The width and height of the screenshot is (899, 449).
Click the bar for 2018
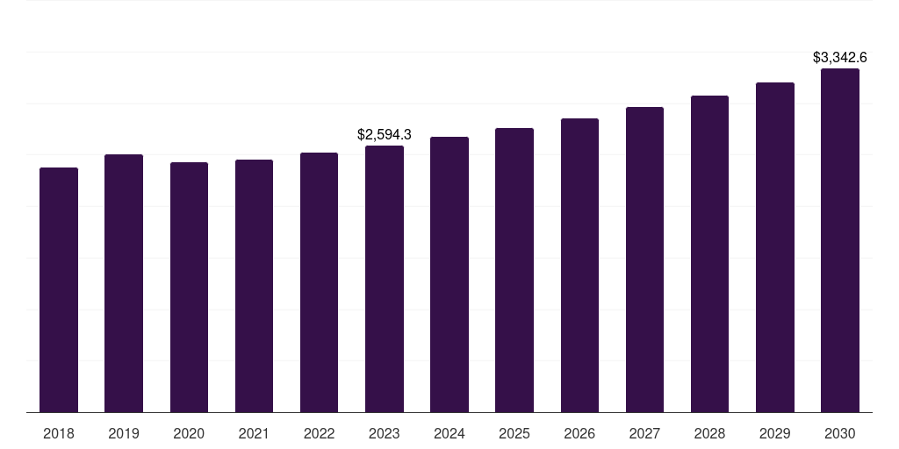(59, 289)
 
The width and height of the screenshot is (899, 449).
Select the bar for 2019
(124, 283)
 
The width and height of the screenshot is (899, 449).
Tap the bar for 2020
(189, 287)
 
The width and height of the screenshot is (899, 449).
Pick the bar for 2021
(254, 286)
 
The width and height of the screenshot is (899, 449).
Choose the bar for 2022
(319, 282)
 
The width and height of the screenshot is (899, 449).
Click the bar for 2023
(385, 279)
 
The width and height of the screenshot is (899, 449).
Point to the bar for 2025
(514, 270)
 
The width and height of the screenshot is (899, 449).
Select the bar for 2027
(644, 260)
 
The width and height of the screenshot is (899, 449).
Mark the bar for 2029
(775, 247)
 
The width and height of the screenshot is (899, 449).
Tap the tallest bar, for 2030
(840, 240)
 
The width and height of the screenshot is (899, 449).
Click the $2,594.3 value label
(385, 134)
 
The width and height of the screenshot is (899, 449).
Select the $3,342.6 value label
(840, 58)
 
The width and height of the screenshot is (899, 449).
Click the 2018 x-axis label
(59, 433)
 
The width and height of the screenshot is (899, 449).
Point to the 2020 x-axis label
(189, 433)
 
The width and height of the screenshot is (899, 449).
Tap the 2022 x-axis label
(319, 433)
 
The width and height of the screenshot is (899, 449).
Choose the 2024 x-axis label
(449, 433)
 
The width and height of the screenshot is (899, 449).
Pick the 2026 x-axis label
(579, 433)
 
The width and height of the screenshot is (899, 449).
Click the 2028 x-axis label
(709, 433)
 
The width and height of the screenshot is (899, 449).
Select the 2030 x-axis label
(840, 433)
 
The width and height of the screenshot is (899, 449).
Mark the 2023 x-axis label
(385, 433)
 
